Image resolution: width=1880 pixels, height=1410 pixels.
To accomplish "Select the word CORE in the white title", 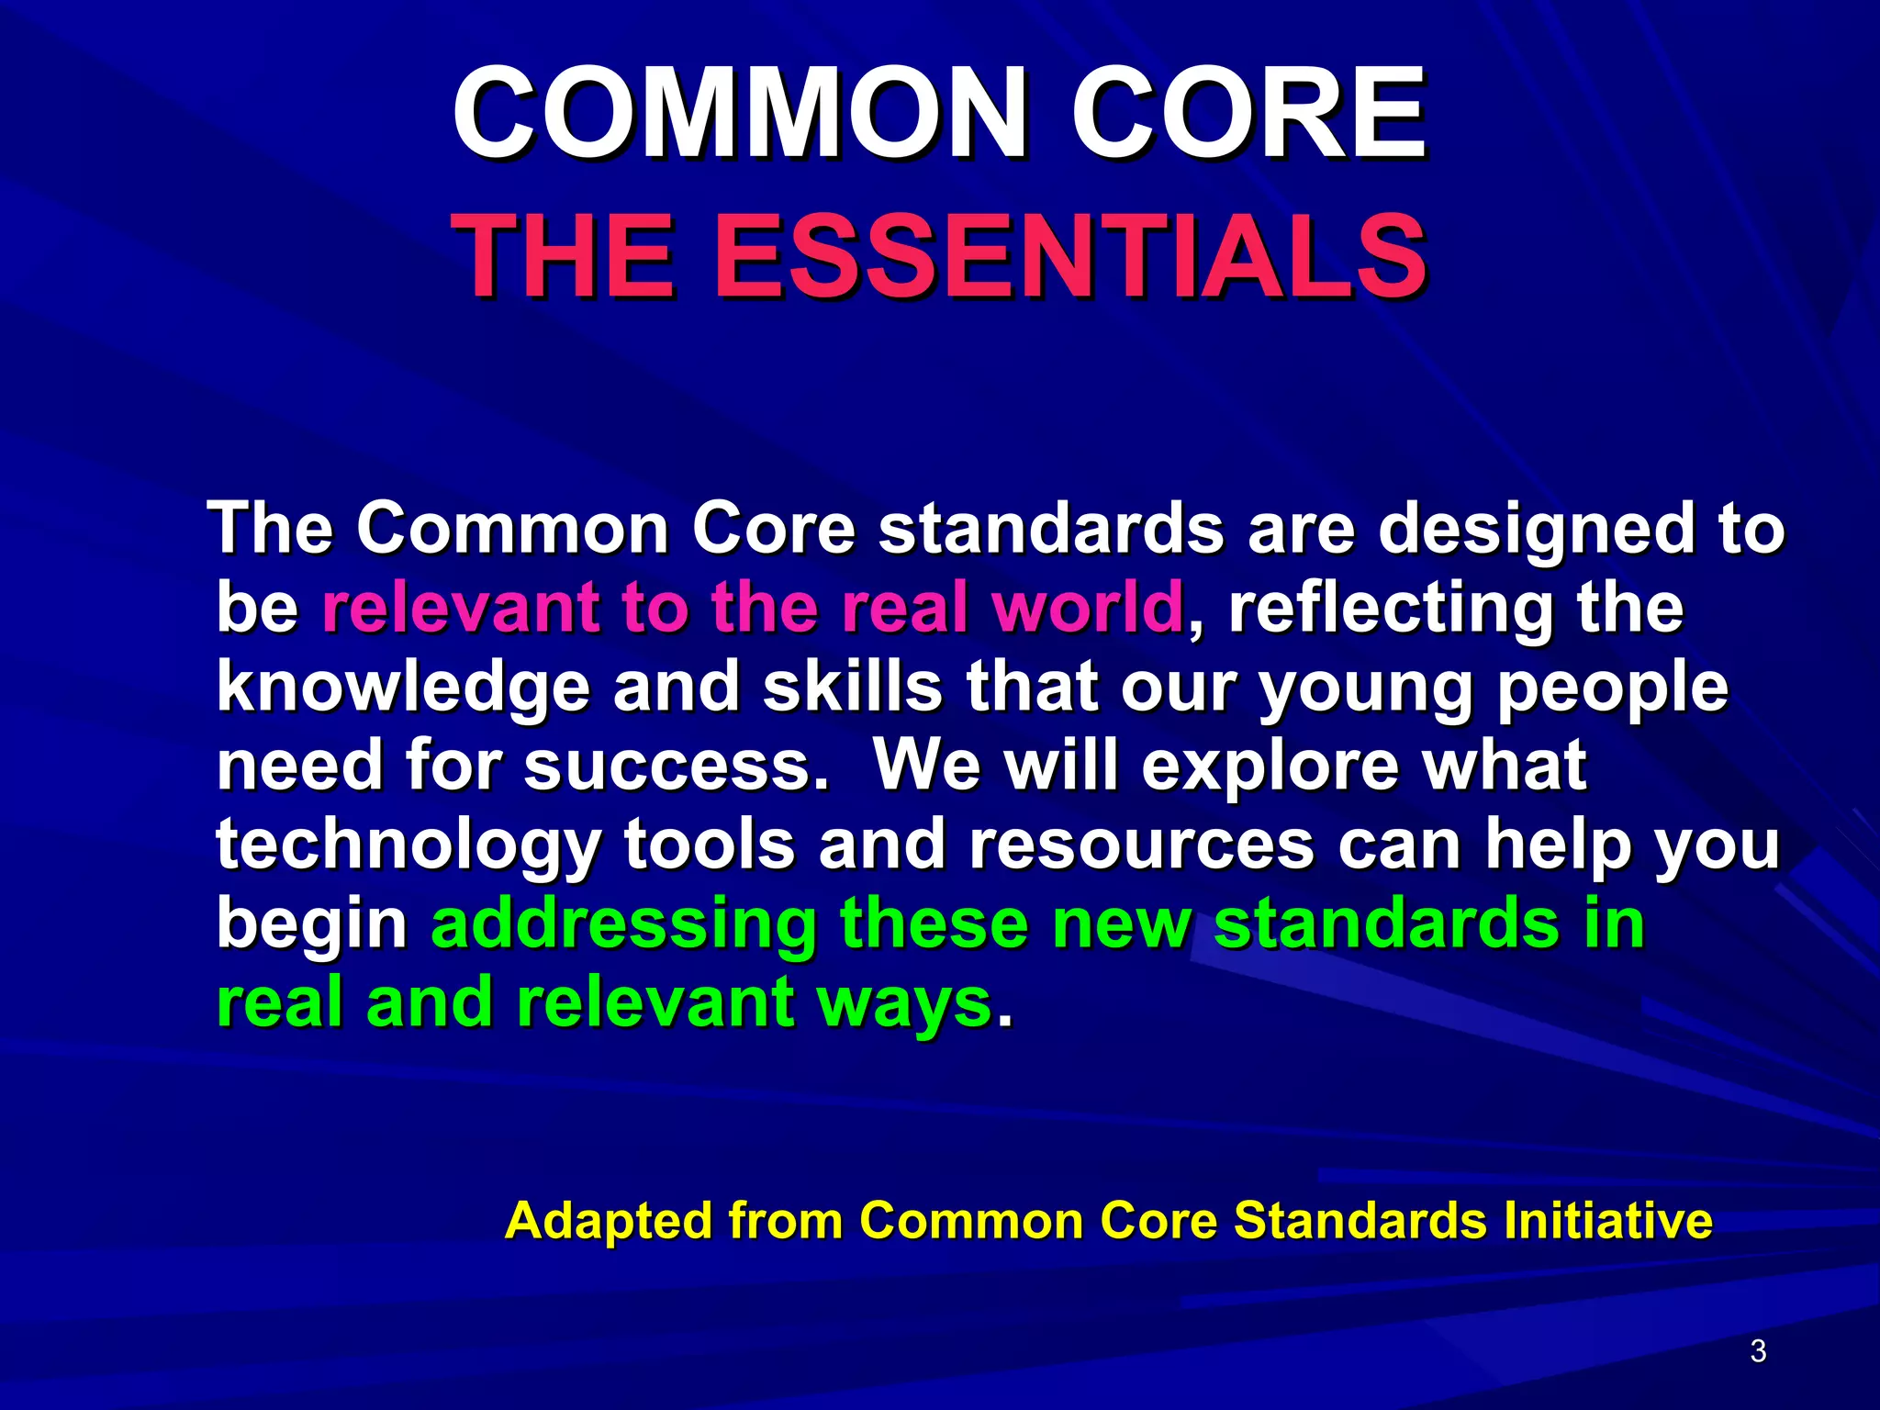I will [1248, 115].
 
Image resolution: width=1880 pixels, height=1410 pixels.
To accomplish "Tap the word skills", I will [852, 687].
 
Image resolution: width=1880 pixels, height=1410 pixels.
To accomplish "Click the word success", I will [675, 767].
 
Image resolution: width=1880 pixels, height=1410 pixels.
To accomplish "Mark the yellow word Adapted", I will [608, 1222].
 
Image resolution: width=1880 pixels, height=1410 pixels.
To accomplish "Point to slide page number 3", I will [1758, 1351].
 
